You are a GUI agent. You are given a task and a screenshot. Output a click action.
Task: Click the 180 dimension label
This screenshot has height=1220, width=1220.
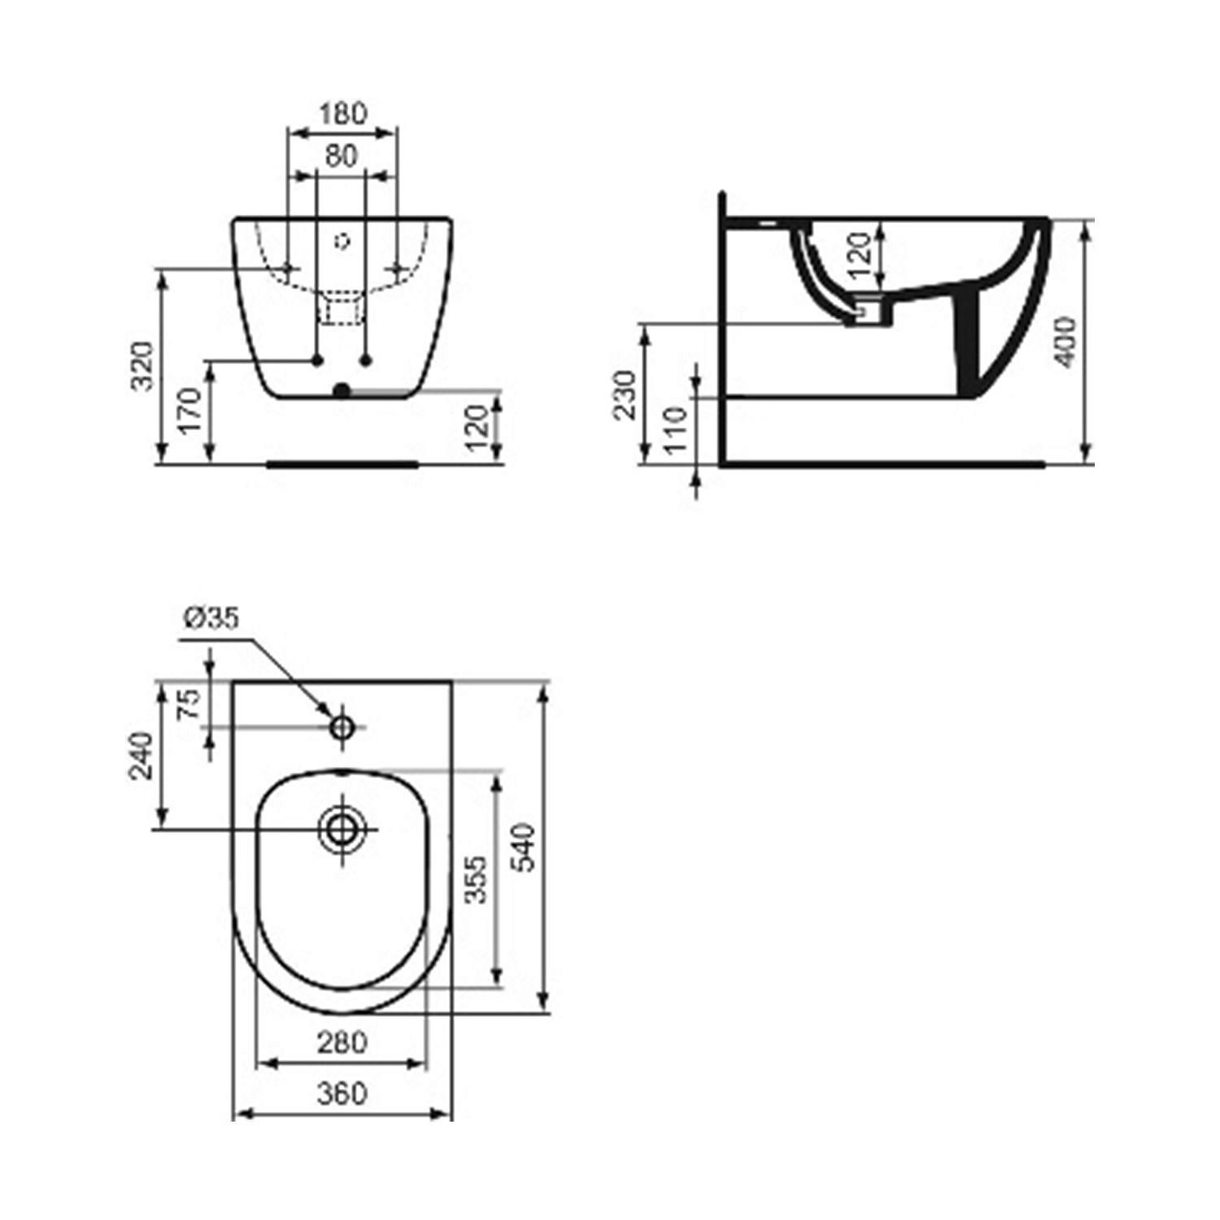click(x=342, y=113)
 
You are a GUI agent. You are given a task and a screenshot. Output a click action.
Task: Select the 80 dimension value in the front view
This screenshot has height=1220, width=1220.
click(x=342, y=155)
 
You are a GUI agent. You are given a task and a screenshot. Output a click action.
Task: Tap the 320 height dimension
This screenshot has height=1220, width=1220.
click(x=143, y=367)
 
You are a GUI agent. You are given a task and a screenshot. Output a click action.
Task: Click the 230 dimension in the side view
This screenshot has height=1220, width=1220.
click(x=625, y=394)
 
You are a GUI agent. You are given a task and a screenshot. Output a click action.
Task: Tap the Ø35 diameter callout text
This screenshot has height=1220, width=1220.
click(x=211, y=618)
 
